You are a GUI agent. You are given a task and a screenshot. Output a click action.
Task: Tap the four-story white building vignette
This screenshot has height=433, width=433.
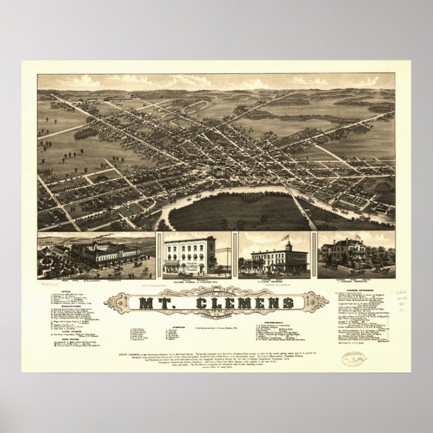tap(190, 255)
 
